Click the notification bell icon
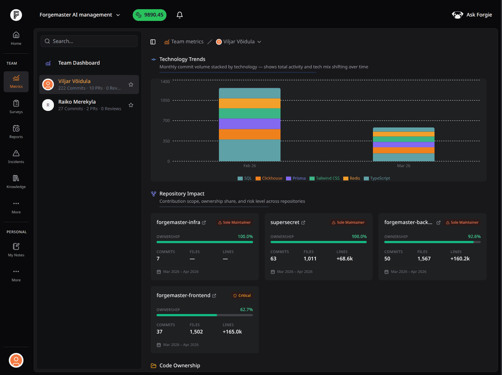tap(180, 15)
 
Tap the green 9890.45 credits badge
tap(150, 15)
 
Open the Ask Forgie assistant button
tap(472, 15)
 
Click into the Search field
tap(89, 41)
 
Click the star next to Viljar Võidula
tap(131, 84)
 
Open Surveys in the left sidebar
tap(16, 107)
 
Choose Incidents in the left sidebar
tap(16, 156)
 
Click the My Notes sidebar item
tap(16, 250)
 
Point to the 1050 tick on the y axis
tap(165, 100)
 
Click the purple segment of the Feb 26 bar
tap(250, 124)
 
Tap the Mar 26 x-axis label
tap(403, 166)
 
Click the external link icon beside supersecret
tap(303, 223)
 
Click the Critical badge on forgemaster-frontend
tap(242, 296)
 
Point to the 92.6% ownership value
tap(474, 237)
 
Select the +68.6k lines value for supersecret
tap(345, 259)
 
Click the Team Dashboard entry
tap(79, 63)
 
